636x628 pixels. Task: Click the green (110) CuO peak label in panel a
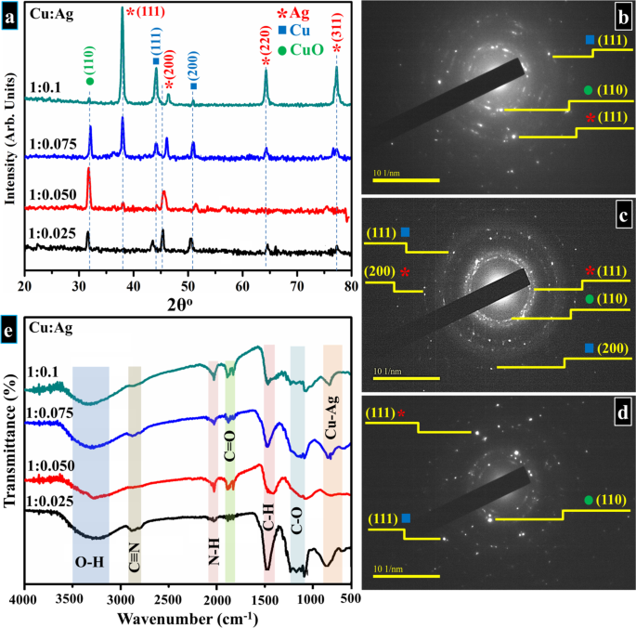[x=89, y=54]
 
